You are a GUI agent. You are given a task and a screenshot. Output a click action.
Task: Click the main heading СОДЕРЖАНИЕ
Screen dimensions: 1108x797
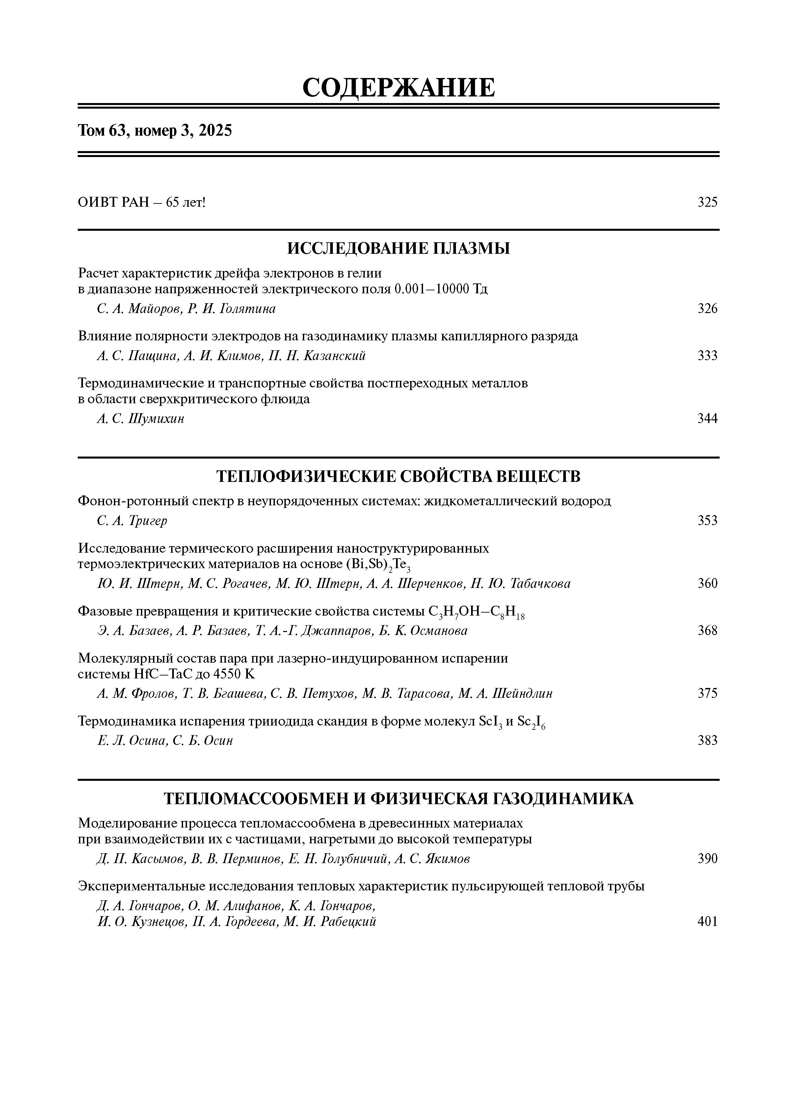click(398, 88)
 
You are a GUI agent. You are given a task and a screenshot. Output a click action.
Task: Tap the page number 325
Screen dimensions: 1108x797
click(707, 202)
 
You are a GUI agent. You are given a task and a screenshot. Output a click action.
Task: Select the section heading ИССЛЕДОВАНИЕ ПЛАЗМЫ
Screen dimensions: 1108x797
click(398, 249)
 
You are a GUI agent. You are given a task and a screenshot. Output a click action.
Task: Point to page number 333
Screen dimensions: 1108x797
click(707, 356)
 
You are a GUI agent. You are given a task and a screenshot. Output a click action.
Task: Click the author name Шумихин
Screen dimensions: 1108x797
click(156, 419)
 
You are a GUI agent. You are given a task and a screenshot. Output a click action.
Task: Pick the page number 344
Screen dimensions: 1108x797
click(707, 419)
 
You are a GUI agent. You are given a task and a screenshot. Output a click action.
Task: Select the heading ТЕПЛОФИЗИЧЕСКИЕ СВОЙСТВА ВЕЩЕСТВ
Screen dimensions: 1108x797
click(398, 476)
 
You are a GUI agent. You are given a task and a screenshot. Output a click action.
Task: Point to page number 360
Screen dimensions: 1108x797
click(707, 583)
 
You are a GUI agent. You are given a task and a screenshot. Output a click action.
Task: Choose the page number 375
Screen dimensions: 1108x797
click(707, 693)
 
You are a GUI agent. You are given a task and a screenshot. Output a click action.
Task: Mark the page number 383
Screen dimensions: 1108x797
click(707, 741)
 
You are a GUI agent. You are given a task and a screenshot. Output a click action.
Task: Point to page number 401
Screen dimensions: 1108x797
click(707, 922)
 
